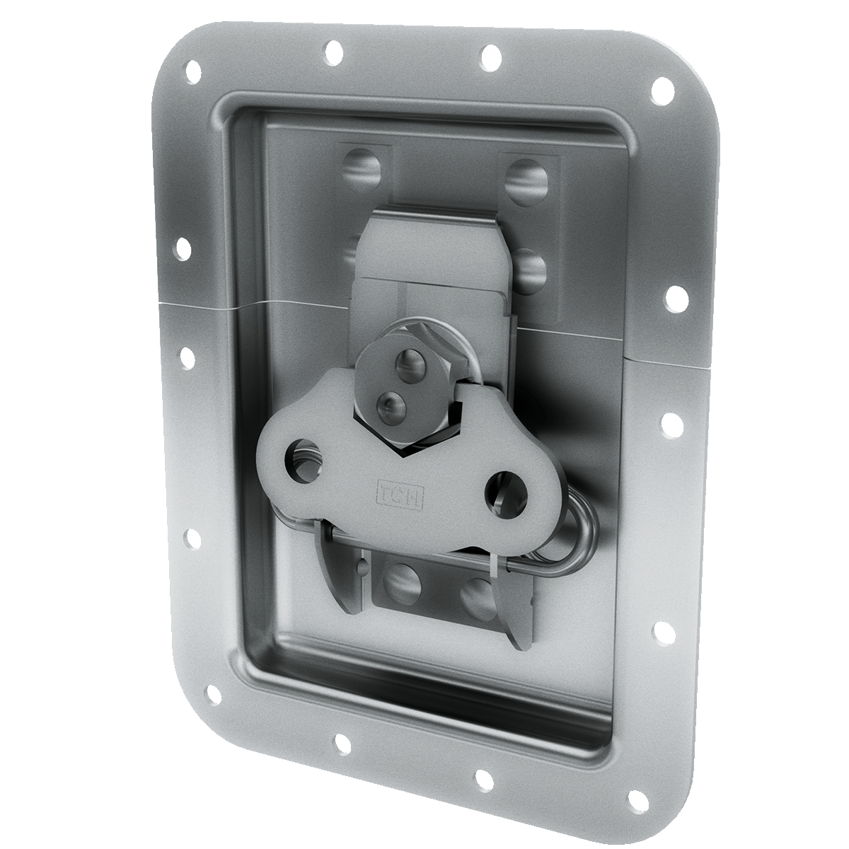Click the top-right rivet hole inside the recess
528,180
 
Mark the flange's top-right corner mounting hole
664,90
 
